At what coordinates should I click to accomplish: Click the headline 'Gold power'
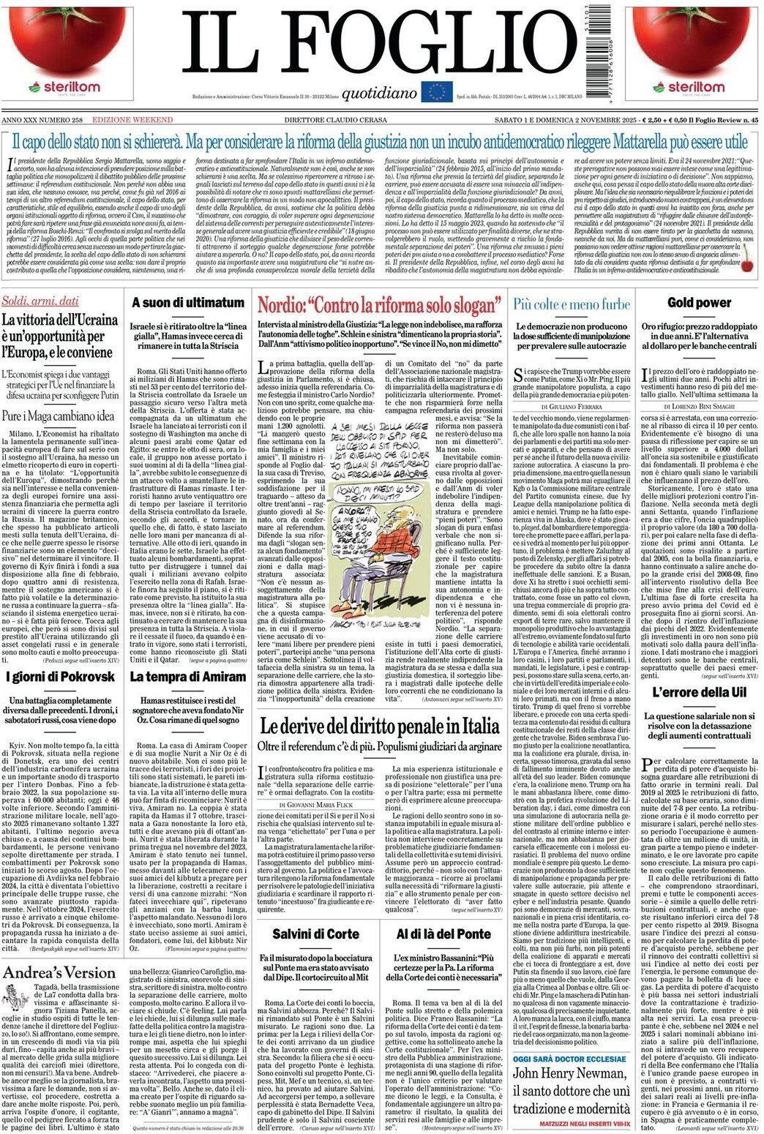(x=698, y=302)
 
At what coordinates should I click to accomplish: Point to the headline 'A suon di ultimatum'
(x=187, y=302)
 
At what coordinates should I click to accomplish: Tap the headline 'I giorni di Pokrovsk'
(x=61, y=676)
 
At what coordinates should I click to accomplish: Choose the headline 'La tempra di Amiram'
(x=187, y=677)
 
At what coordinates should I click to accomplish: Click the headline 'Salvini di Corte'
(x=315, y=934)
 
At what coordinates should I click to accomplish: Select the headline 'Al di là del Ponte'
(x=443, y=934)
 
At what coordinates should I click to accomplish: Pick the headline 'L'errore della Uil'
(x=698, y=692)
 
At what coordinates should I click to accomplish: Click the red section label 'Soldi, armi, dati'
(x=40, y=301)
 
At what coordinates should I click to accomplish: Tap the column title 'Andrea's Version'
(x=59, y=972)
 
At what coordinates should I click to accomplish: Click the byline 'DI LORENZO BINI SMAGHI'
(x=699, y=405)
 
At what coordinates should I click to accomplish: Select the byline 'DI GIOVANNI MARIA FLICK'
(x=315, y=804)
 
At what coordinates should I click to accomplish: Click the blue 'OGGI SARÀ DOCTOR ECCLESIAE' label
(x=570, y=1059)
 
